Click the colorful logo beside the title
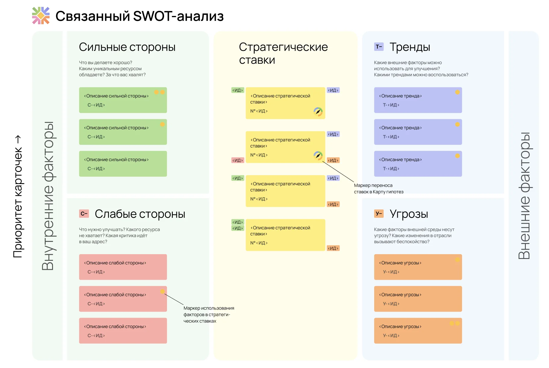(41, 15)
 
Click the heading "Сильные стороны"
(127, 47)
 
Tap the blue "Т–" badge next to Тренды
(379, 47)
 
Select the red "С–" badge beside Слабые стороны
(84, 214)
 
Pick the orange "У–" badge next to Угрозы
(379, 214)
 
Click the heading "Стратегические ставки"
(283, 53)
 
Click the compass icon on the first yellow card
(318, 112)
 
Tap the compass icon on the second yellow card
(318, 156)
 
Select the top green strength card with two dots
(123, 100)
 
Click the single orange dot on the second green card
(162, 124)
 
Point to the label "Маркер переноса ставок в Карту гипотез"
(379, 189)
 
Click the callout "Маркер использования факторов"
(209, 314)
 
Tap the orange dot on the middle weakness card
(162, 291)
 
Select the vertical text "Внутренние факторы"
(48, 196)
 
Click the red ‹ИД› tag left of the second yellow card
(237, 160)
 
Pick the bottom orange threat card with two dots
(418, 331)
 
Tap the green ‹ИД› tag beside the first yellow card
(237, 90)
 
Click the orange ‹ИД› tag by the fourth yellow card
(333, 248)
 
